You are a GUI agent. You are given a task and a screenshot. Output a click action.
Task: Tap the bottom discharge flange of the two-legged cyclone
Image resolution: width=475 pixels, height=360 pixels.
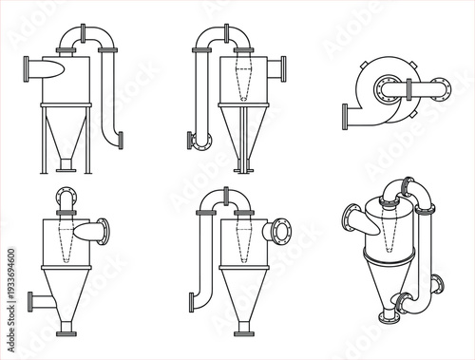pos(66,169)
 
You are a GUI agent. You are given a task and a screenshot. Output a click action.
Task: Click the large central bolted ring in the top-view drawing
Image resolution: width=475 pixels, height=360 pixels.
pos(389,89)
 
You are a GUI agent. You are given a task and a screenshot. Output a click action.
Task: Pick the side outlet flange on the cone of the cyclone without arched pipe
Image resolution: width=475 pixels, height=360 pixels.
pos(32,304)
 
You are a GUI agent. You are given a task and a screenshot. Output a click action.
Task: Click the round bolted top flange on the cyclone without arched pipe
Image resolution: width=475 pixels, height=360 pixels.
pos(66,198)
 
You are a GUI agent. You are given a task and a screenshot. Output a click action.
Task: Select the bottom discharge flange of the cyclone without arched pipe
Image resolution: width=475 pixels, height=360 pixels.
pos(66,334)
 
